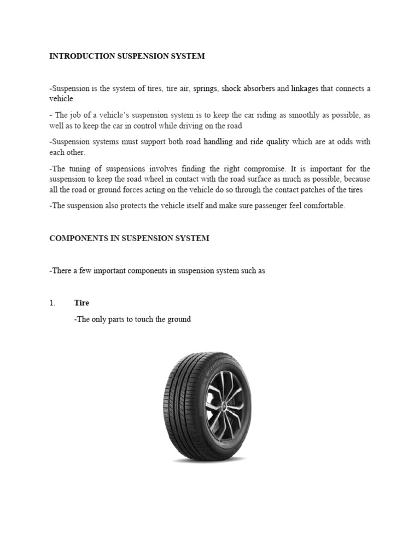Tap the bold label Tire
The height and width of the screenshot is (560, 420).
[x=81, y=303]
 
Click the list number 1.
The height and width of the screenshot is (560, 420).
[x=52, y=303]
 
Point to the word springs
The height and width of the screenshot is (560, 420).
[x=205, y=89]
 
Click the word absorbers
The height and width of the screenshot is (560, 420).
[x=258, y=89]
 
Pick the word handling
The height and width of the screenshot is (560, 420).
[x=218, y=142]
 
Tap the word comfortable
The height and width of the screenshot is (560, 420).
[x=325, y=206]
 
